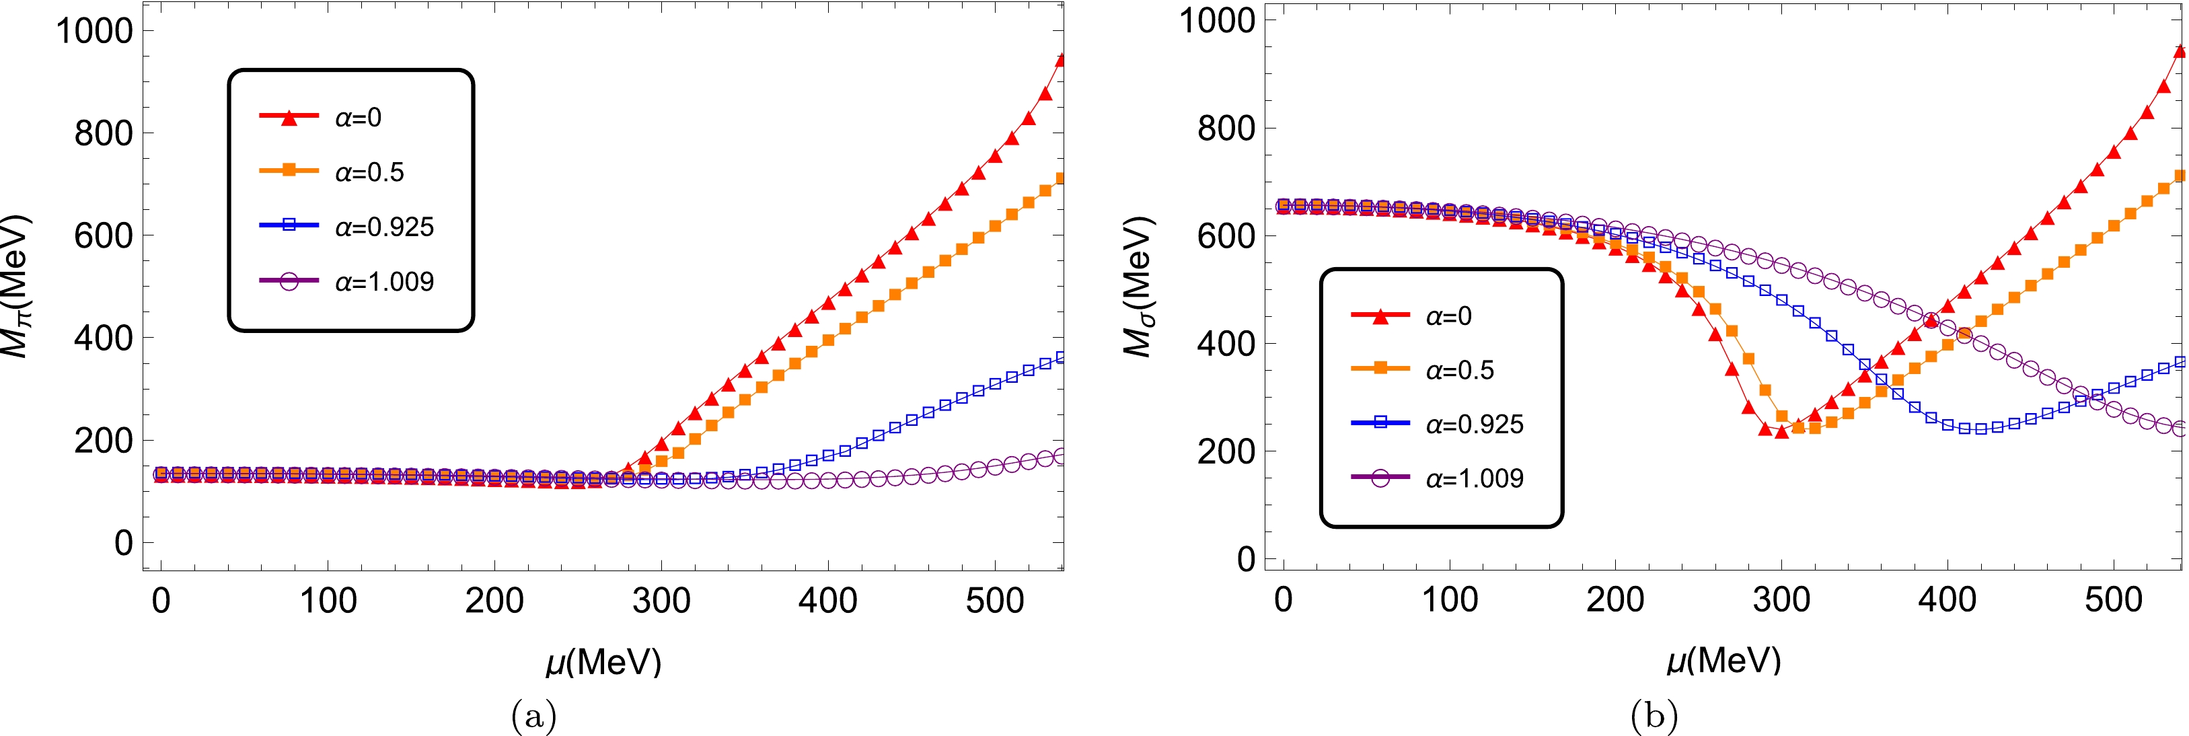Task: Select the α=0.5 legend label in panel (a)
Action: click(369, 172)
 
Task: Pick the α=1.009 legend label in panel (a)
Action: click(384, 282)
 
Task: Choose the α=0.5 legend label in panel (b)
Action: click(1460, 371)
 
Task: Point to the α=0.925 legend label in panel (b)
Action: click(1475, 424)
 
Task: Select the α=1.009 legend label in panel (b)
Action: click(1475, 478)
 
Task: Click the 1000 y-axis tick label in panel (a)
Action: click(94, 32)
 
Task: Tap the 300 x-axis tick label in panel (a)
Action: click(661, 601)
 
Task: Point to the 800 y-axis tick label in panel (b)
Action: click(1226, 129)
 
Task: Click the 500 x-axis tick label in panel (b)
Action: click(2114, 600)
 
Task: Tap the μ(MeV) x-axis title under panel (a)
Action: click(603, 661)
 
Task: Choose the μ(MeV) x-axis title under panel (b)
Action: click(1723, 661)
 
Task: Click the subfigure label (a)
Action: click(533, 716)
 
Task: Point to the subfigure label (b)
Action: click(1654, 716)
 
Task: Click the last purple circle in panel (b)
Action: click(2180, 429)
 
